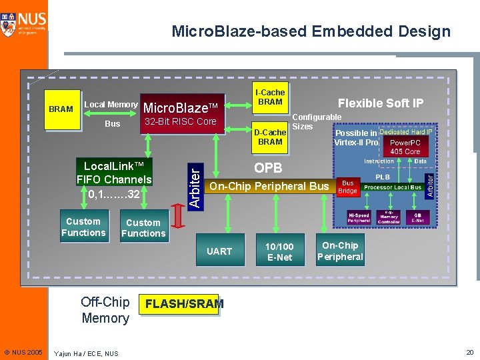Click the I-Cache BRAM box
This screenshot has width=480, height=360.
tap(270, 97)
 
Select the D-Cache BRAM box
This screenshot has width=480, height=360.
tap(270, 137)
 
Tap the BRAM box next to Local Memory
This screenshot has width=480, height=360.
tap(61, 109)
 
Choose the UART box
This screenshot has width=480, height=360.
tap(219, 251)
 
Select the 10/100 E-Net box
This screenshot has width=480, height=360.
tap(279, 251)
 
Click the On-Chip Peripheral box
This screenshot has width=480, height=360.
tap(340, 251)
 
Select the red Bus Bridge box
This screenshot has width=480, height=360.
tap(348, 187)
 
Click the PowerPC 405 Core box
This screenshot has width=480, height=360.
tap(405, 147)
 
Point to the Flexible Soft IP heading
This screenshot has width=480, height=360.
tap(380, 103)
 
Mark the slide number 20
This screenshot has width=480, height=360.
tap(469, 352)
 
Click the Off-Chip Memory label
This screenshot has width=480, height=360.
tap(105, 309)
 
